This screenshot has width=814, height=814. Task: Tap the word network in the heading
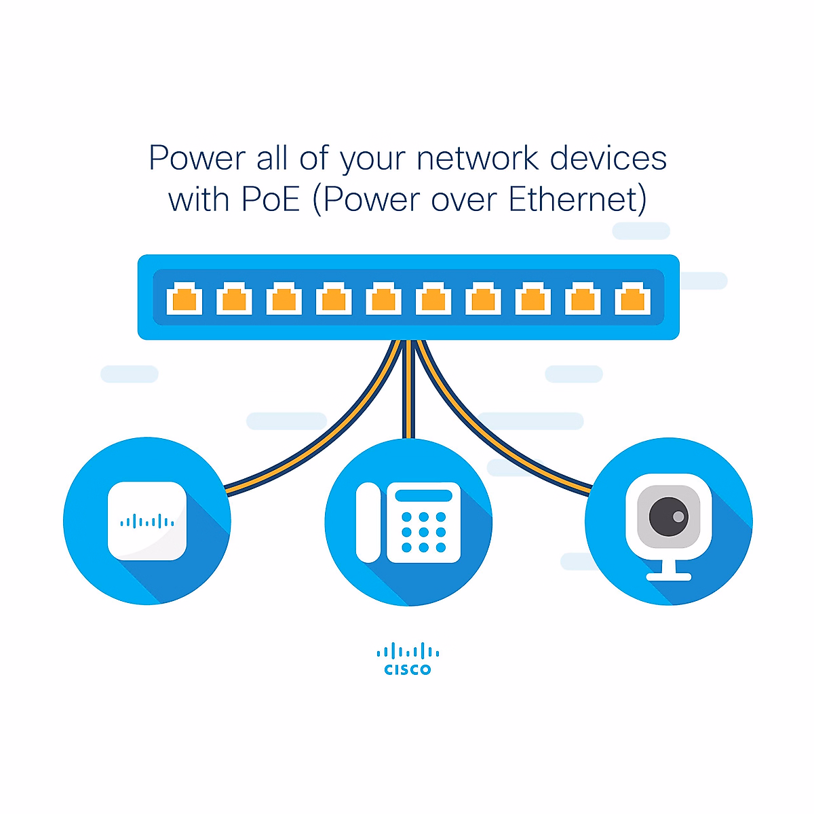click(478, 158)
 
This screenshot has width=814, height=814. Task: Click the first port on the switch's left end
click(185, 299)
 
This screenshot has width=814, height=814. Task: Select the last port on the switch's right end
click(632, 299)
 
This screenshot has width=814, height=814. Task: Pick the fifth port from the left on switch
click(383, 299)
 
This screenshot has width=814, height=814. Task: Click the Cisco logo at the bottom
click(408, 659)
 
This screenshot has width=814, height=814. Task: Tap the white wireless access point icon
click(147, 521)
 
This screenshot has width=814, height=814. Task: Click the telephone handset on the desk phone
click(368, 522)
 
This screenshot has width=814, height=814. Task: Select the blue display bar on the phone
click(423, 496)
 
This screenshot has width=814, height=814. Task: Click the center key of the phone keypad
click(423, 532)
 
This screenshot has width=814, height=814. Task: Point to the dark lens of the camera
click(668, 516)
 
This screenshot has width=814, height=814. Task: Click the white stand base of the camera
click(669, 577)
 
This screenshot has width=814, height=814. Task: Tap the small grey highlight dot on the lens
click(678, 517)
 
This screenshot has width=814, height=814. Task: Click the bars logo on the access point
click(147, 522)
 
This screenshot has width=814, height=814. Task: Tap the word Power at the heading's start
click(197, 158)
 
